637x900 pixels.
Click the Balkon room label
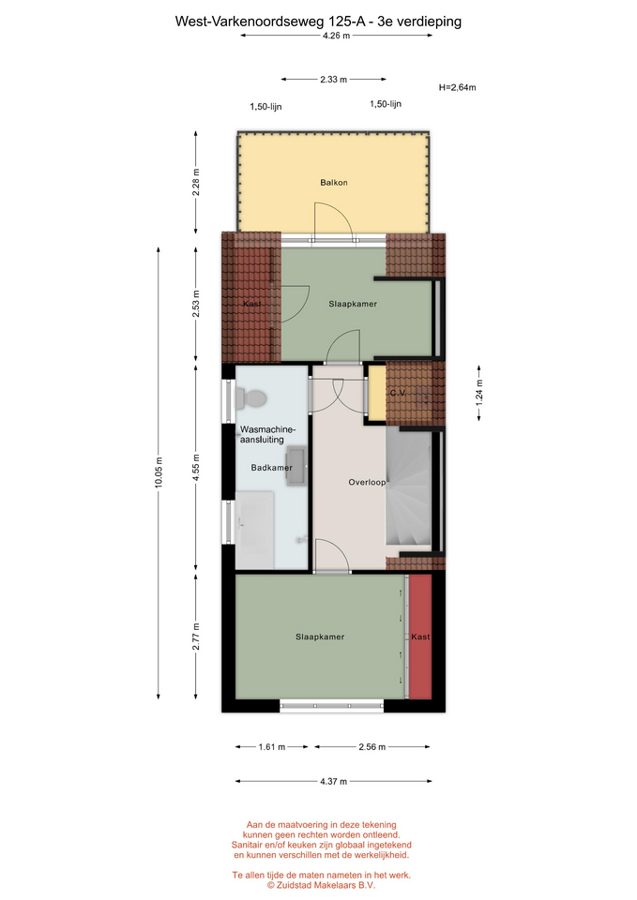pyautogui.click(x=334, y=183)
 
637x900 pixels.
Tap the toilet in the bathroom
pyautogui.click(x=251, y=398)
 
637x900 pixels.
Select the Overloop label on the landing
pyautogui.click(x=367, y=482)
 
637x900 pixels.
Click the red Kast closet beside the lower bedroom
pyautogui.click(x=420, y=637)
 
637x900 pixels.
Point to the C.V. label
pyautogui.click(x=398, y=393)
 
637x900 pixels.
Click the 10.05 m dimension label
pyautogui.click(x=159, y=472)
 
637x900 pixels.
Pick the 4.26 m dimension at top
pyautogui.click(x=336, y=35)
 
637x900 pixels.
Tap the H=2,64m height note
pyautogui.click(x=457, y=87)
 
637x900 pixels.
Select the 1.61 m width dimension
pyautogui.click(x=272, y=747)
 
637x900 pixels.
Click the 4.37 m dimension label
pyautogui.click(x=334, y=781)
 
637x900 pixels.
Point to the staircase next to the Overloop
pyautogui.click(x=408, y=487)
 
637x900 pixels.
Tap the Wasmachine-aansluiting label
pyautogui.click(x=267, y=434)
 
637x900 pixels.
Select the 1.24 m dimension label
pyautogui.click(x=479, y=393)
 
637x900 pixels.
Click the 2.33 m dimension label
pyautogui.click(x=334, y=79)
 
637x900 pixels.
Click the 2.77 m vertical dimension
pyautogui.click(x=196, y=637)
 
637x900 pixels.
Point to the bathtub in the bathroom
pyautogui.click(x=254, y=529)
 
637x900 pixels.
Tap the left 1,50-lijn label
pyautogui.click(x=265, y=107)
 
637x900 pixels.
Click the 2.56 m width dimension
pyautogui.click(x=372, y=747)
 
